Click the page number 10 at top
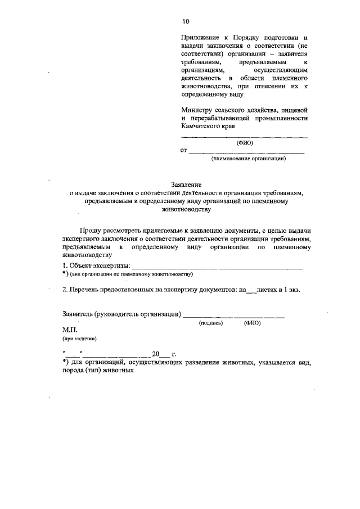[186, 21]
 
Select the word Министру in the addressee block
[197, 110]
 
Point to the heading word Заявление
[186, 184]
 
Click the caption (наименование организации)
[249, 159]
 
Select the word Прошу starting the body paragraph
[93, 231]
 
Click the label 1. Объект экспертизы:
[96, 265]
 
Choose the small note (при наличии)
[79, 339]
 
